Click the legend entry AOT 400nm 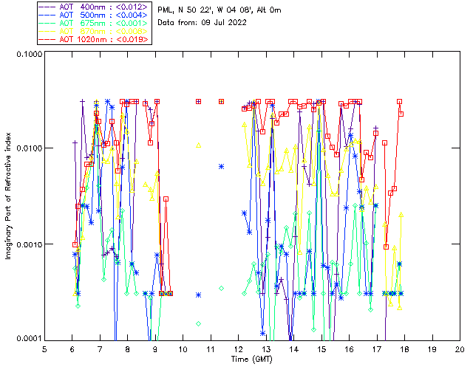coord(93,7)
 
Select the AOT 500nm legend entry coord(93,15)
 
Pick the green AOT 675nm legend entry coord(93,23)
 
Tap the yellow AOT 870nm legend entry coord(93,31)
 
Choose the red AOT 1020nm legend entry coord(93,39)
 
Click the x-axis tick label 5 coord(44,348)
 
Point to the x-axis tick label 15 coord(321,348)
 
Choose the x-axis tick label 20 coord(460,348)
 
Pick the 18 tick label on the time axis coord(404,348)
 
